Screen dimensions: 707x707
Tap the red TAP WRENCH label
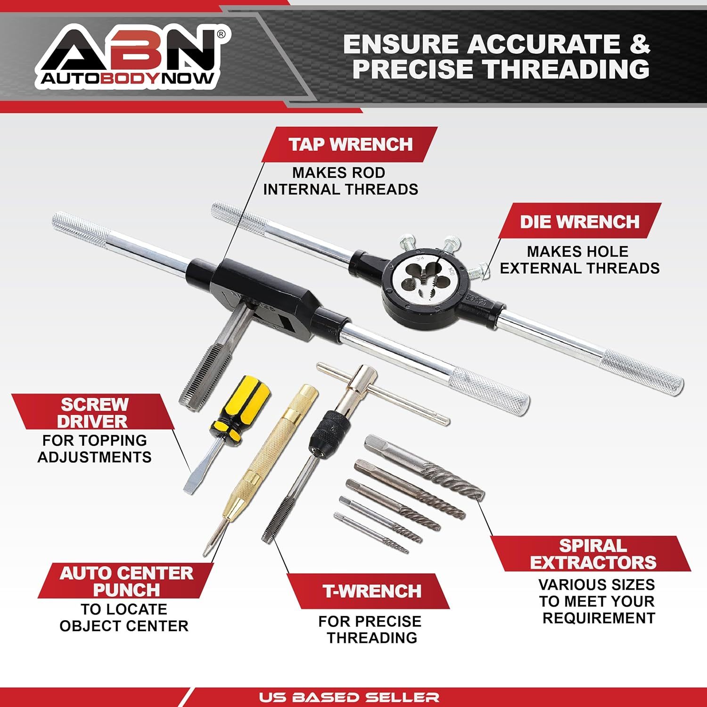click(350, 144)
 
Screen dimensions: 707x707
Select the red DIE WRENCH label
click(579, 221)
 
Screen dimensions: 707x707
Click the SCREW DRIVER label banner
click(94, 412)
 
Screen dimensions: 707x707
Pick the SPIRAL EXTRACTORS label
click(592, 554)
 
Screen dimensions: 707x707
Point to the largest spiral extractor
click(424, 467)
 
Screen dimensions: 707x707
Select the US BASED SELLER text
click(349, 697)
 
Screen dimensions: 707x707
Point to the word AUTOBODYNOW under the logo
click(127, 78)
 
